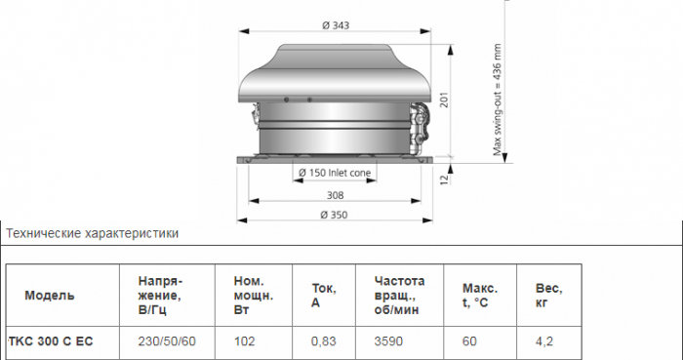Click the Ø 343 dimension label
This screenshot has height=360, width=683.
click(336, 25)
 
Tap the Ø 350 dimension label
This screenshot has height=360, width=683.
click(334, 215)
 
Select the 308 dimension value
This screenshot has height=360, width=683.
click(335, 195)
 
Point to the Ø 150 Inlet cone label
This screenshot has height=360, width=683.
click(335, 173)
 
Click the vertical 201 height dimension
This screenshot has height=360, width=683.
click(444, 100)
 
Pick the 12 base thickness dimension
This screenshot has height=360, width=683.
click(444, 180)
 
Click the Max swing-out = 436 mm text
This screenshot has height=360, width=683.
click(498, 100)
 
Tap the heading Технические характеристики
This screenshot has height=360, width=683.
click(93, 233)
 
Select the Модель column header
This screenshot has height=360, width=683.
click(49, 296)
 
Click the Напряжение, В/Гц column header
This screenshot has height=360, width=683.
click(160, 296)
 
